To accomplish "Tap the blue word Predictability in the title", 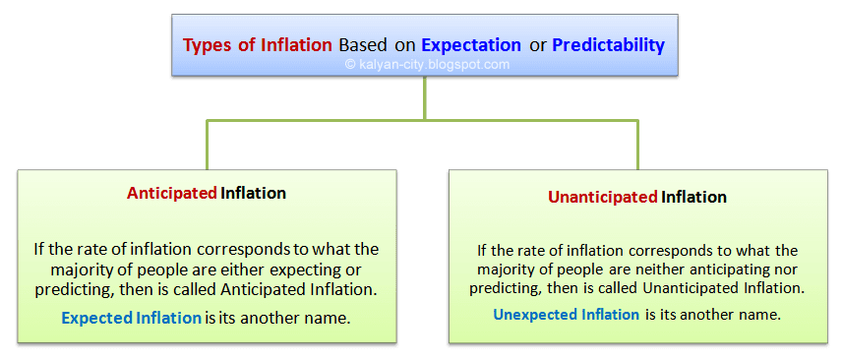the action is (x=609, y=45).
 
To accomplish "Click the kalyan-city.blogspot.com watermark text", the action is (x=427, y=65).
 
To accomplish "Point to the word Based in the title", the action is (x=362, y=44).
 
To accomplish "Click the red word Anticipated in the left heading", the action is (x=171, y=194).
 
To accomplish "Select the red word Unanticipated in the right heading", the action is (x=603, y=197).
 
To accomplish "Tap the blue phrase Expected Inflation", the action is (x=131, y=318).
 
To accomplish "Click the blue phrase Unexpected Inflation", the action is (x=566, y=314).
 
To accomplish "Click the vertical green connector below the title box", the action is (x=424, y=97).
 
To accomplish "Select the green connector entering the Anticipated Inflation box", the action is (x=207, y=145).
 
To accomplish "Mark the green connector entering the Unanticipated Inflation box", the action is (x=637, y=145).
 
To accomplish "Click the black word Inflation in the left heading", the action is (x=253, y=194).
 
